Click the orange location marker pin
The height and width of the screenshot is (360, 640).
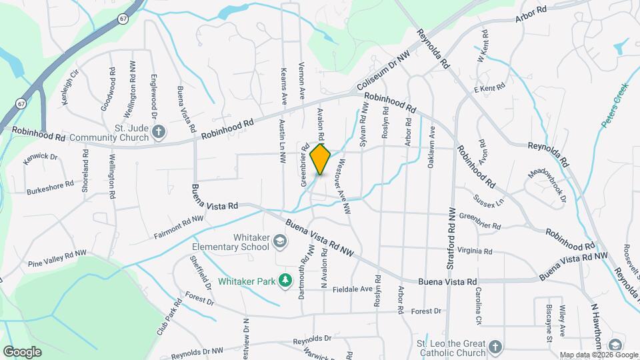tap(321, 159)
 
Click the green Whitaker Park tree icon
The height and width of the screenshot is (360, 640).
tap(286, 281)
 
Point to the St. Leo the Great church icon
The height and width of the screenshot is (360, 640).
tap(494, 347)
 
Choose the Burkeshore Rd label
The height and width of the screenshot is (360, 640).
tap(50, 186)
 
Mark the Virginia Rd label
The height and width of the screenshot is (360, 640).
tap(475, 252)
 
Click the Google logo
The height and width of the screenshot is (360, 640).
tap(22, 351)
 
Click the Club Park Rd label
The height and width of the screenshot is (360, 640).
tap(171, 317)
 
